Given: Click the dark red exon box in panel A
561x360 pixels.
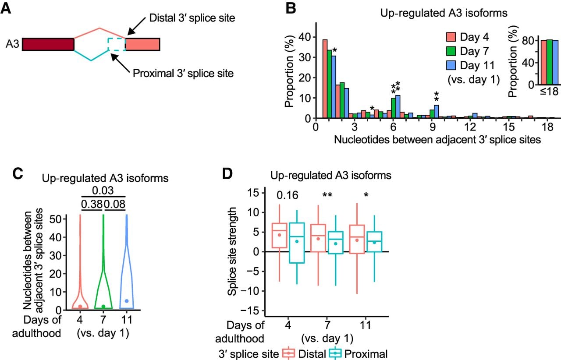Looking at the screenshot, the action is [48, 44].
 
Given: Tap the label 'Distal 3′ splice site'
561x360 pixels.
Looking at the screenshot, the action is [192, 18].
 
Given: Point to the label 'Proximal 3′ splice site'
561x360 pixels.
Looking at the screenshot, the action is [183, 73].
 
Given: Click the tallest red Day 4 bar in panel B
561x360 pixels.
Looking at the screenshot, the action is [325, 78].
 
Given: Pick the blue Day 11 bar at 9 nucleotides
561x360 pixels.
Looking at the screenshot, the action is [436, 111].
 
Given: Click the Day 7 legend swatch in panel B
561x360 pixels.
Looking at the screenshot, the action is [451, 51].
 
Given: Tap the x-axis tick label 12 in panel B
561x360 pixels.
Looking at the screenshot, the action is [470, 127].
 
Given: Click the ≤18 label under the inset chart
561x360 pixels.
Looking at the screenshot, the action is [549, 92].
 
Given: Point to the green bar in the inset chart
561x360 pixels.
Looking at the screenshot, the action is [550, 62].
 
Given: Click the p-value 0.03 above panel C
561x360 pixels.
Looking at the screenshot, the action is [103, 191].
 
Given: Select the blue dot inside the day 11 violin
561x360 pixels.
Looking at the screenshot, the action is [127, 301].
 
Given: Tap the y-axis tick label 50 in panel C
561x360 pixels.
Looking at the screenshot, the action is [56, 219].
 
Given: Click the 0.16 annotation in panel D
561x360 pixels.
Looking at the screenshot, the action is [287, 195].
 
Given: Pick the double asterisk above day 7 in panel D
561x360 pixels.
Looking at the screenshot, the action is [327, 194].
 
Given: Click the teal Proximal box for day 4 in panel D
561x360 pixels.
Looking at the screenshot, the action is [297, 243].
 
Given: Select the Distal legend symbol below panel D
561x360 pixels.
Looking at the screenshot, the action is [288, 353].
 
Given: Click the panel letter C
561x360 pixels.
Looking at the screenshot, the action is [18, 173].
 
